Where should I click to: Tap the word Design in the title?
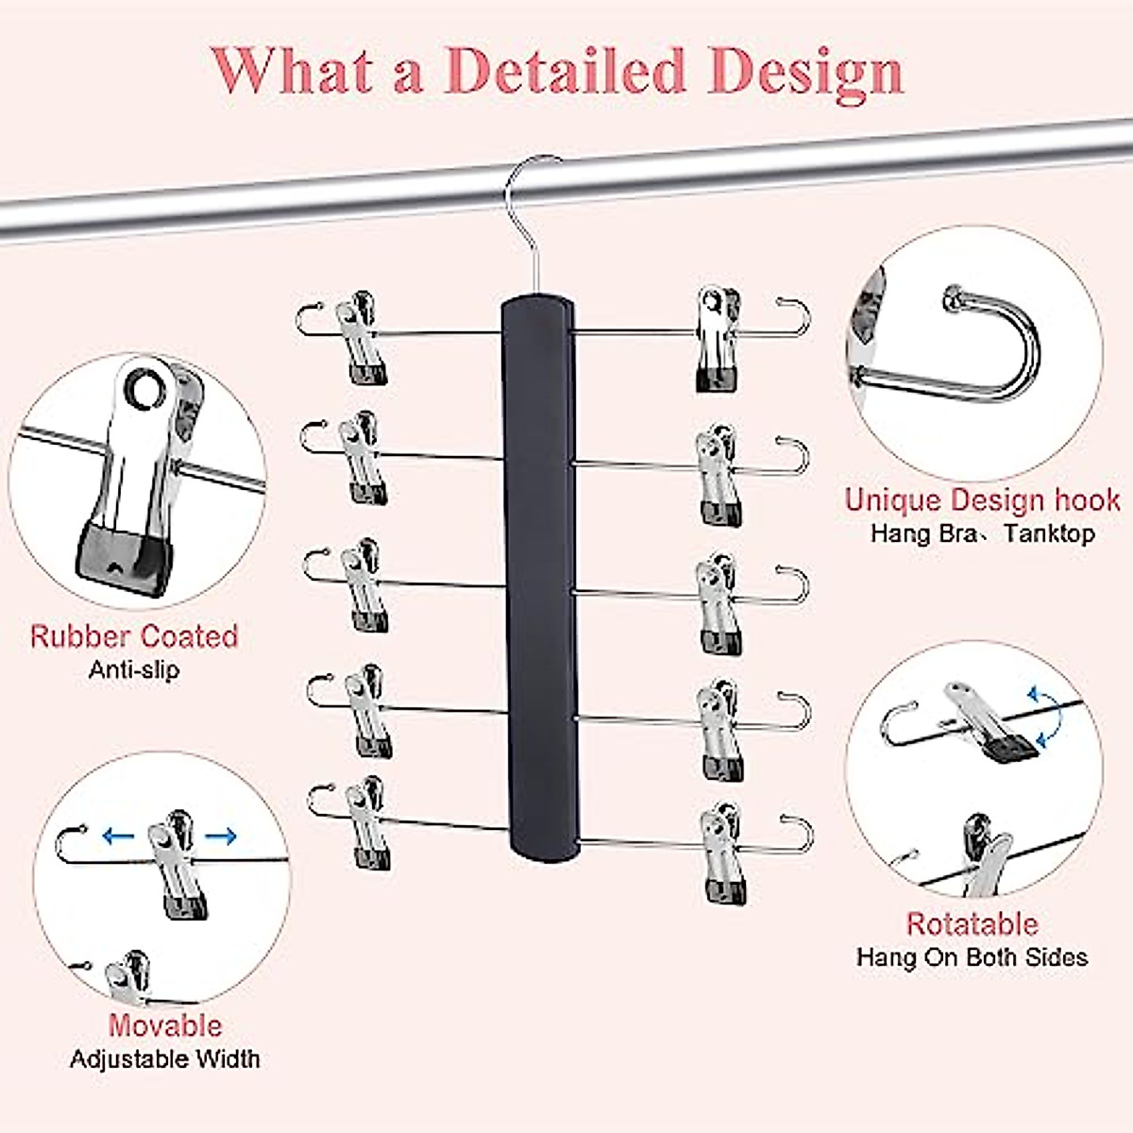pyautogui.click(x=808, y=71)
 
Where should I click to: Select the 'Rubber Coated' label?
pyautogui.click(x=133, y=636)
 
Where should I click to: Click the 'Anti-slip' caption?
pyautogui.click(x=133, y=670)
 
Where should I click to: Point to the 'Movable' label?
pyautogui.click(x=165, y=1025)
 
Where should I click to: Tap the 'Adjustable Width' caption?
pyautogui.click(x=165, y=1058)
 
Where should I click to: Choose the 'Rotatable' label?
pyautogui.click(x=972, y=923)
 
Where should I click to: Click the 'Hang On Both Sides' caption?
pyautogui.click(x=972, y=957)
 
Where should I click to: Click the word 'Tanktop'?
pyautogui.click(x=1049, y=533)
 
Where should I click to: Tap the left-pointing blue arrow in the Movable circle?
pyautogui.click(x=118, y=835)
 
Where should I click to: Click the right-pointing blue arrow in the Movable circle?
pyautogui.click(x=221, y=835)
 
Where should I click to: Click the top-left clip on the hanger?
pyautogui.click(x=360, y=335)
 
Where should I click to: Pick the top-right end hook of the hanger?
pyautogui.click(x=794, y=316)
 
